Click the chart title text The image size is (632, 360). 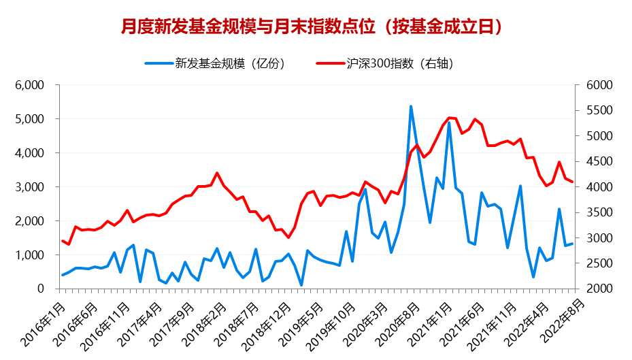[316, 27]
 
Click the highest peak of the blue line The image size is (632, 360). [411, 106]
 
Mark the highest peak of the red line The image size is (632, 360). [449, 118]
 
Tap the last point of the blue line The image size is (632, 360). [572, 244]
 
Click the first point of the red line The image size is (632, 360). [62, 240]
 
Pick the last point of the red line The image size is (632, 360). [572, 182]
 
